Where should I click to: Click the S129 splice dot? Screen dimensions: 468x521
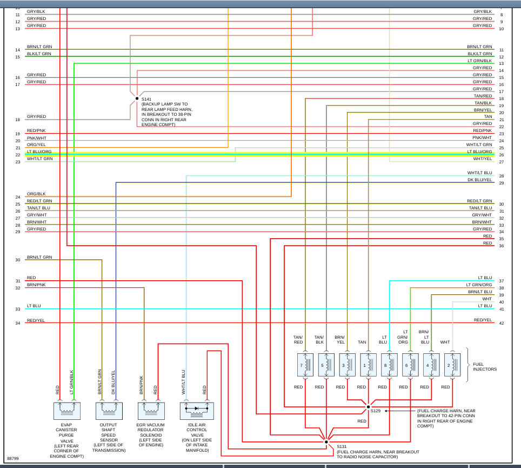(369, 406)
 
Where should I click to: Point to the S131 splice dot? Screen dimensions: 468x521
(326, 441)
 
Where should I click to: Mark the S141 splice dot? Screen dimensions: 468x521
(137, 98)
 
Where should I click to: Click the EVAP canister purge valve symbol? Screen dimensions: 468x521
(67, 411)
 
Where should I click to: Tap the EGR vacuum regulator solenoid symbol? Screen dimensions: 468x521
(151, 411)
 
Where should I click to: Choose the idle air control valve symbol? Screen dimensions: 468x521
(196, 411)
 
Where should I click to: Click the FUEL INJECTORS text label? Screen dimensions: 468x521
(484, 366)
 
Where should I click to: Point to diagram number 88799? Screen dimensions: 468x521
(14, 458)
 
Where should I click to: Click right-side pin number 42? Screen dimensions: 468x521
(501, 323)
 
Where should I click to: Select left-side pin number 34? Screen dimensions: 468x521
(18, 323)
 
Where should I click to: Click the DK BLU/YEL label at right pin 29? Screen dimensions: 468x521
(480, 180)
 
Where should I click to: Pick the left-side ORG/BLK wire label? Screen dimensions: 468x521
(36, 194)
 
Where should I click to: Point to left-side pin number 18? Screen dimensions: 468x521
(18, 120)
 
